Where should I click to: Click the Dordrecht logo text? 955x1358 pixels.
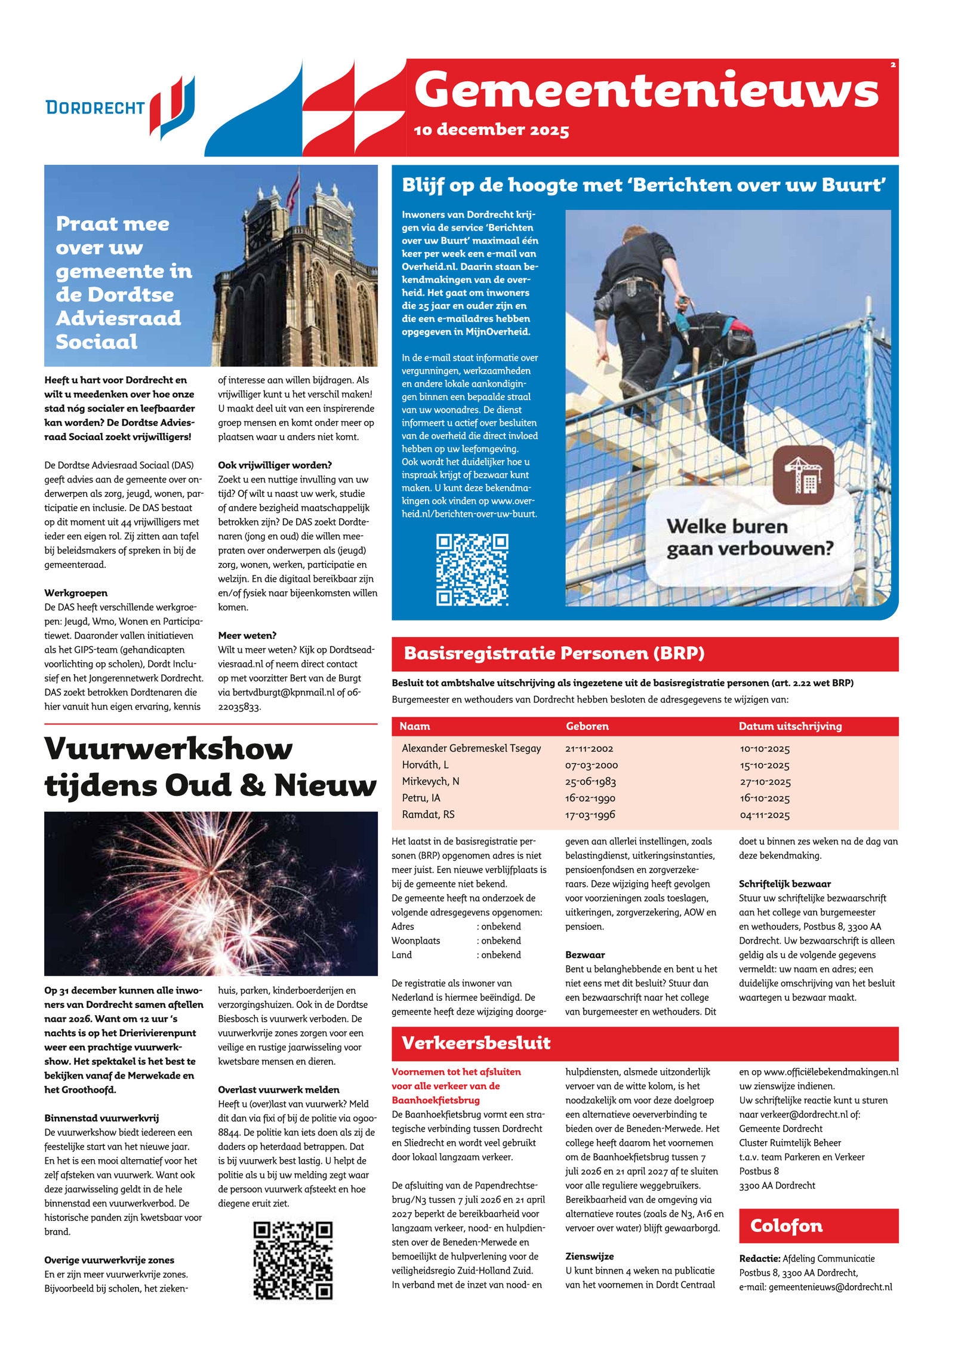(95, 107)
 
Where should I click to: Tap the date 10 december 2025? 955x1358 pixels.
(491, 130)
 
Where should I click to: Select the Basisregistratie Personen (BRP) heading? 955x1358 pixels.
(554, 653)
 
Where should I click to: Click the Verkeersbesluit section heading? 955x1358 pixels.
(476, 1043)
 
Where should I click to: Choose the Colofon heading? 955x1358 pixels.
(786, 1226)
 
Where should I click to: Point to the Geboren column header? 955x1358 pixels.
(587, 726)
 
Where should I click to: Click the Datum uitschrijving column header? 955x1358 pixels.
(790, 726)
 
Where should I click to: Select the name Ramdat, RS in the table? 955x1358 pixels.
(428, 815)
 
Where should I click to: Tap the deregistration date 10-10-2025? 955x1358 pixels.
(765, 749)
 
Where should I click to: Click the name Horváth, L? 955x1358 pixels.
(425, 765)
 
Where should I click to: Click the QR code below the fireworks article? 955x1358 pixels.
(292, 1261)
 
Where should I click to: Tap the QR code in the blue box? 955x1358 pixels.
(472, 570)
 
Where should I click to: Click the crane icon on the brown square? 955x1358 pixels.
(803, 475)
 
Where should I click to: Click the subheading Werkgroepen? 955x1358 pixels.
(76, 593)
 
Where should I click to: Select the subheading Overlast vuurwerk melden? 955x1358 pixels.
(278, 1090)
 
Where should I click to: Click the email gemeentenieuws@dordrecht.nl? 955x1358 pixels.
(830, 1287)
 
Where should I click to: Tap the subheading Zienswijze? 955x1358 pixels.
(589, 1256)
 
